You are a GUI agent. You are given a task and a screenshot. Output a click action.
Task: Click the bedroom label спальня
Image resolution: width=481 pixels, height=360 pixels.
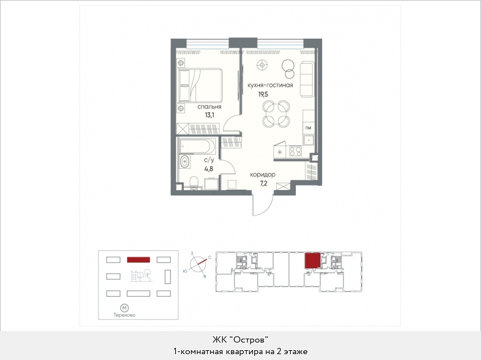(x=209, y=107)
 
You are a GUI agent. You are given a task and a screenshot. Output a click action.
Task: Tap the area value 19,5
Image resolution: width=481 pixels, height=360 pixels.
(x=263, y=94)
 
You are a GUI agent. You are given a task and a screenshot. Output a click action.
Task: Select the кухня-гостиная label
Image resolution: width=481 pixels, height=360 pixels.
(x=270, y=85)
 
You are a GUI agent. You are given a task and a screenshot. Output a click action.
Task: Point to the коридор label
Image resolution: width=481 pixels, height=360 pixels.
(x=263, y=174)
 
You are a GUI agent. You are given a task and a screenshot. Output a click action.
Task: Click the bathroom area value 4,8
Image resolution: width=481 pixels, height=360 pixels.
(x=209, y=169)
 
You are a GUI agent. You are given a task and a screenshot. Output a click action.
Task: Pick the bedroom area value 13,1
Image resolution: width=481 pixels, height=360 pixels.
(x=209, y=115)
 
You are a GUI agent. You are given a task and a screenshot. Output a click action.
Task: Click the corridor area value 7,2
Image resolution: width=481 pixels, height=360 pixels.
(x=263, y=184)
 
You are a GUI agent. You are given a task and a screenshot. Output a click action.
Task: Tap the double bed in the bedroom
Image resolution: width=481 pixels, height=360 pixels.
(x=200, y=85)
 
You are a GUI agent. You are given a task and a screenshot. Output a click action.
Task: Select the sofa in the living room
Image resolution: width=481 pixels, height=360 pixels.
(x=308, y=79)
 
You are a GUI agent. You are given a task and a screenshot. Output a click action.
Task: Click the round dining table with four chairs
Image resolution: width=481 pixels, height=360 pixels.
(x=276, y=114)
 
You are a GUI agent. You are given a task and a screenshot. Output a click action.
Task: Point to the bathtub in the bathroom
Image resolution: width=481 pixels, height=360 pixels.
(x=197, y=146)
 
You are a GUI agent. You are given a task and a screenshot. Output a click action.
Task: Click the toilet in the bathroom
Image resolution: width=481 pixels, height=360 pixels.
(x=194, y=181)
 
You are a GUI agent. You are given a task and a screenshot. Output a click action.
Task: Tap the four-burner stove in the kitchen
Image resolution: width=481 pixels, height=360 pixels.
(x=296, y=151)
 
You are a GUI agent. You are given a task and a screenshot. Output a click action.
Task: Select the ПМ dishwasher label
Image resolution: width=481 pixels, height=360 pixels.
(x=308, y=128)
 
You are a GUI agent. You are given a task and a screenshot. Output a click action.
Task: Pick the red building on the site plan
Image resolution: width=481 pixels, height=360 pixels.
(x=138, y=260)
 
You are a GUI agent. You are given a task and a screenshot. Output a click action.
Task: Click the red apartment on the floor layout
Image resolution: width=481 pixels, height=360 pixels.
(x=312, y=261)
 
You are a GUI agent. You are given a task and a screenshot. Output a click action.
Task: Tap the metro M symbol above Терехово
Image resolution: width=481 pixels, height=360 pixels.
(x=124, y=308)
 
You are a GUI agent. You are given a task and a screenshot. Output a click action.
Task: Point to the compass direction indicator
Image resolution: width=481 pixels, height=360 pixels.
(x=198, y=264)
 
